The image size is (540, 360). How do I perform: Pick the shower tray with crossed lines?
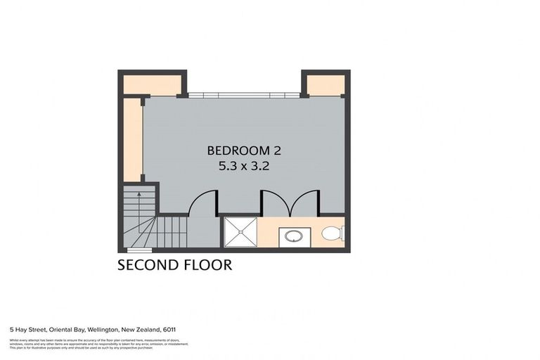tap(240, 232)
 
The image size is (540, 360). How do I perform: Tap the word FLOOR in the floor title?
tap(207, 265)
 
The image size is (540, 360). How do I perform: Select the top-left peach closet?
tap(150, 84)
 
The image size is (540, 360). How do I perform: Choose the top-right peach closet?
tap(326, 84)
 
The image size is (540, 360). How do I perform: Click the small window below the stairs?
tap(139, 250)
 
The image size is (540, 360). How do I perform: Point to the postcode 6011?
tap(169, 328)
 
